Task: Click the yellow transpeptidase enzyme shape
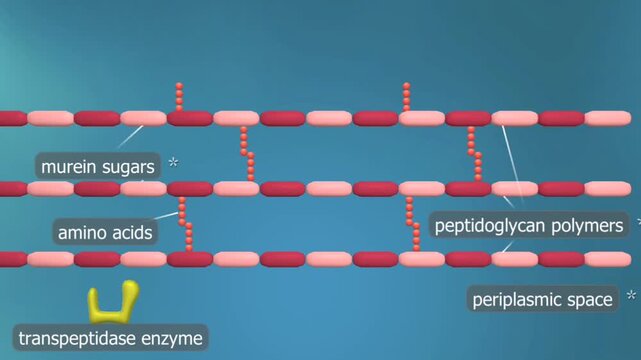[112, 303]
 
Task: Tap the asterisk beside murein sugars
[174, 161]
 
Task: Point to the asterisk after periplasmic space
[630, 297]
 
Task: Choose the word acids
[132, 233]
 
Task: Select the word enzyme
[175, 339]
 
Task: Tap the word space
[592, 300]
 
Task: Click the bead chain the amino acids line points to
[186, 224]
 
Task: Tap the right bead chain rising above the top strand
[407, 97]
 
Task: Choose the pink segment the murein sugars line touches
[144, 118]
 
